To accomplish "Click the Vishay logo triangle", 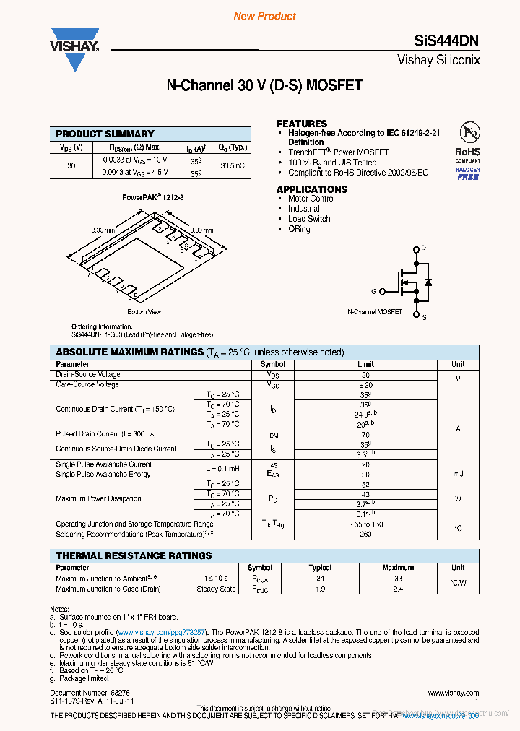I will [x=74, y=58].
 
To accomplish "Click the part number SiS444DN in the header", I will [x=447, y=41].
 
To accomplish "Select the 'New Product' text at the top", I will [x=264, y=16].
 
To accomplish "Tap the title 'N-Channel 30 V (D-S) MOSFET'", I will [x=264, y=86].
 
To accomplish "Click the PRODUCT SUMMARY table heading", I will [x=105, y=134].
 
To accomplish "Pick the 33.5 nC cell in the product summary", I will [x=232, y=166].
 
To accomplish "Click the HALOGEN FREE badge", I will [x=467, y=173].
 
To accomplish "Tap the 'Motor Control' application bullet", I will [x=311, y=199].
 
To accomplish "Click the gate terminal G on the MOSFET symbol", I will [x=374, y=291].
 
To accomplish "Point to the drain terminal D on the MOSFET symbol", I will [x=423, y=248].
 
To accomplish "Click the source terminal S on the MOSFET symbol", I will [x=423, y=316].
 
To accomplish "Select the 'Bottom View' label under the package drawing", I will [x=144, y=312].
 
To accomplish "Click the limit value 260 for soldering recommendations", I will [x=365, y=535].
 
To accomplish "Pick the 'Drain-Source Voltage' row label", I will [x=88, y=375].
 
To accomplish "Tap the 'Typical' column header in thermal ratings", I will [x=320, y=568].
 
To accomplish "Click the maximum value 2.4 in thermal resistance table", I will [x=398, y=589].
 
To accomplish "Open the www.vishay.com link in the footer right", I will [x=453, y=693].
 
